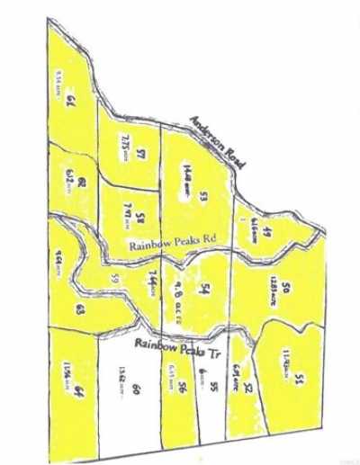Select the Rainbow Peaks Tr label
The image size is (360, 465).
[x=177, y=344]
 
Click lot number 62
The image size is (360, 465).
[x=81, y=183]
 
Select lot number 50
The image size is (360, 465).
[x=284, y=288]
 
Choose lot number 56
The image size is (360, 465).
[x=182, y=388]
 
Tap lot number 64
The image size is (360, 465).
[x=79, y=389]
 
